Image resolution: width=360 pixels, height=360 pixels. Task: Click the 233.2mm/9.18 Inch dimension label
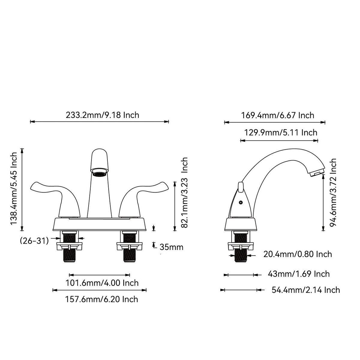tap(102, 115)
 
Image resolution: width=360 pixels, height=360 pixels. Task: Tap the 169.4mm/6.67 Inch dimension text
tap(277, 115)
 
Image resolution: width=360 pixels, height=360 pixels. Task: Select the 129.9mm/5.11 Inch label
tap(281, 133)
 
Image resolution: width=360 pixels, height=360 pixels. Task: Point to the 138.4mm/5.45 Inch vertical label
tap(14, 189)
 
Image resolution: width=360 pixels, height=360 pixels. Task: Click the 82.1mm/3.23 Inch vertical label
tap(184, 192)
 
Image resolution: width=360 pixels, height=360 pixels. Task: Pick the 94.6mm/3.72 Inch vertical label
tap(333, 192)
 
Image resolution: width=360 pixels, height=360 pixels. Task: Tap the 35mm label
tap(171, 247)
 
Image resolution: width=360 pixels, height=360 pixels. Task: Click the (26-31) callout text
tap(34, 241)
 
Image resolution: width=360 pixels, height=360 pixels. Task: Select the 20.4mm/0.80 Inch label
tap(298, 254)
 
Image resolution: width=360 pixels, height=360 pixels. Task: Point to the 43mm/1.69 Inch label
tap(299, 274)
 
